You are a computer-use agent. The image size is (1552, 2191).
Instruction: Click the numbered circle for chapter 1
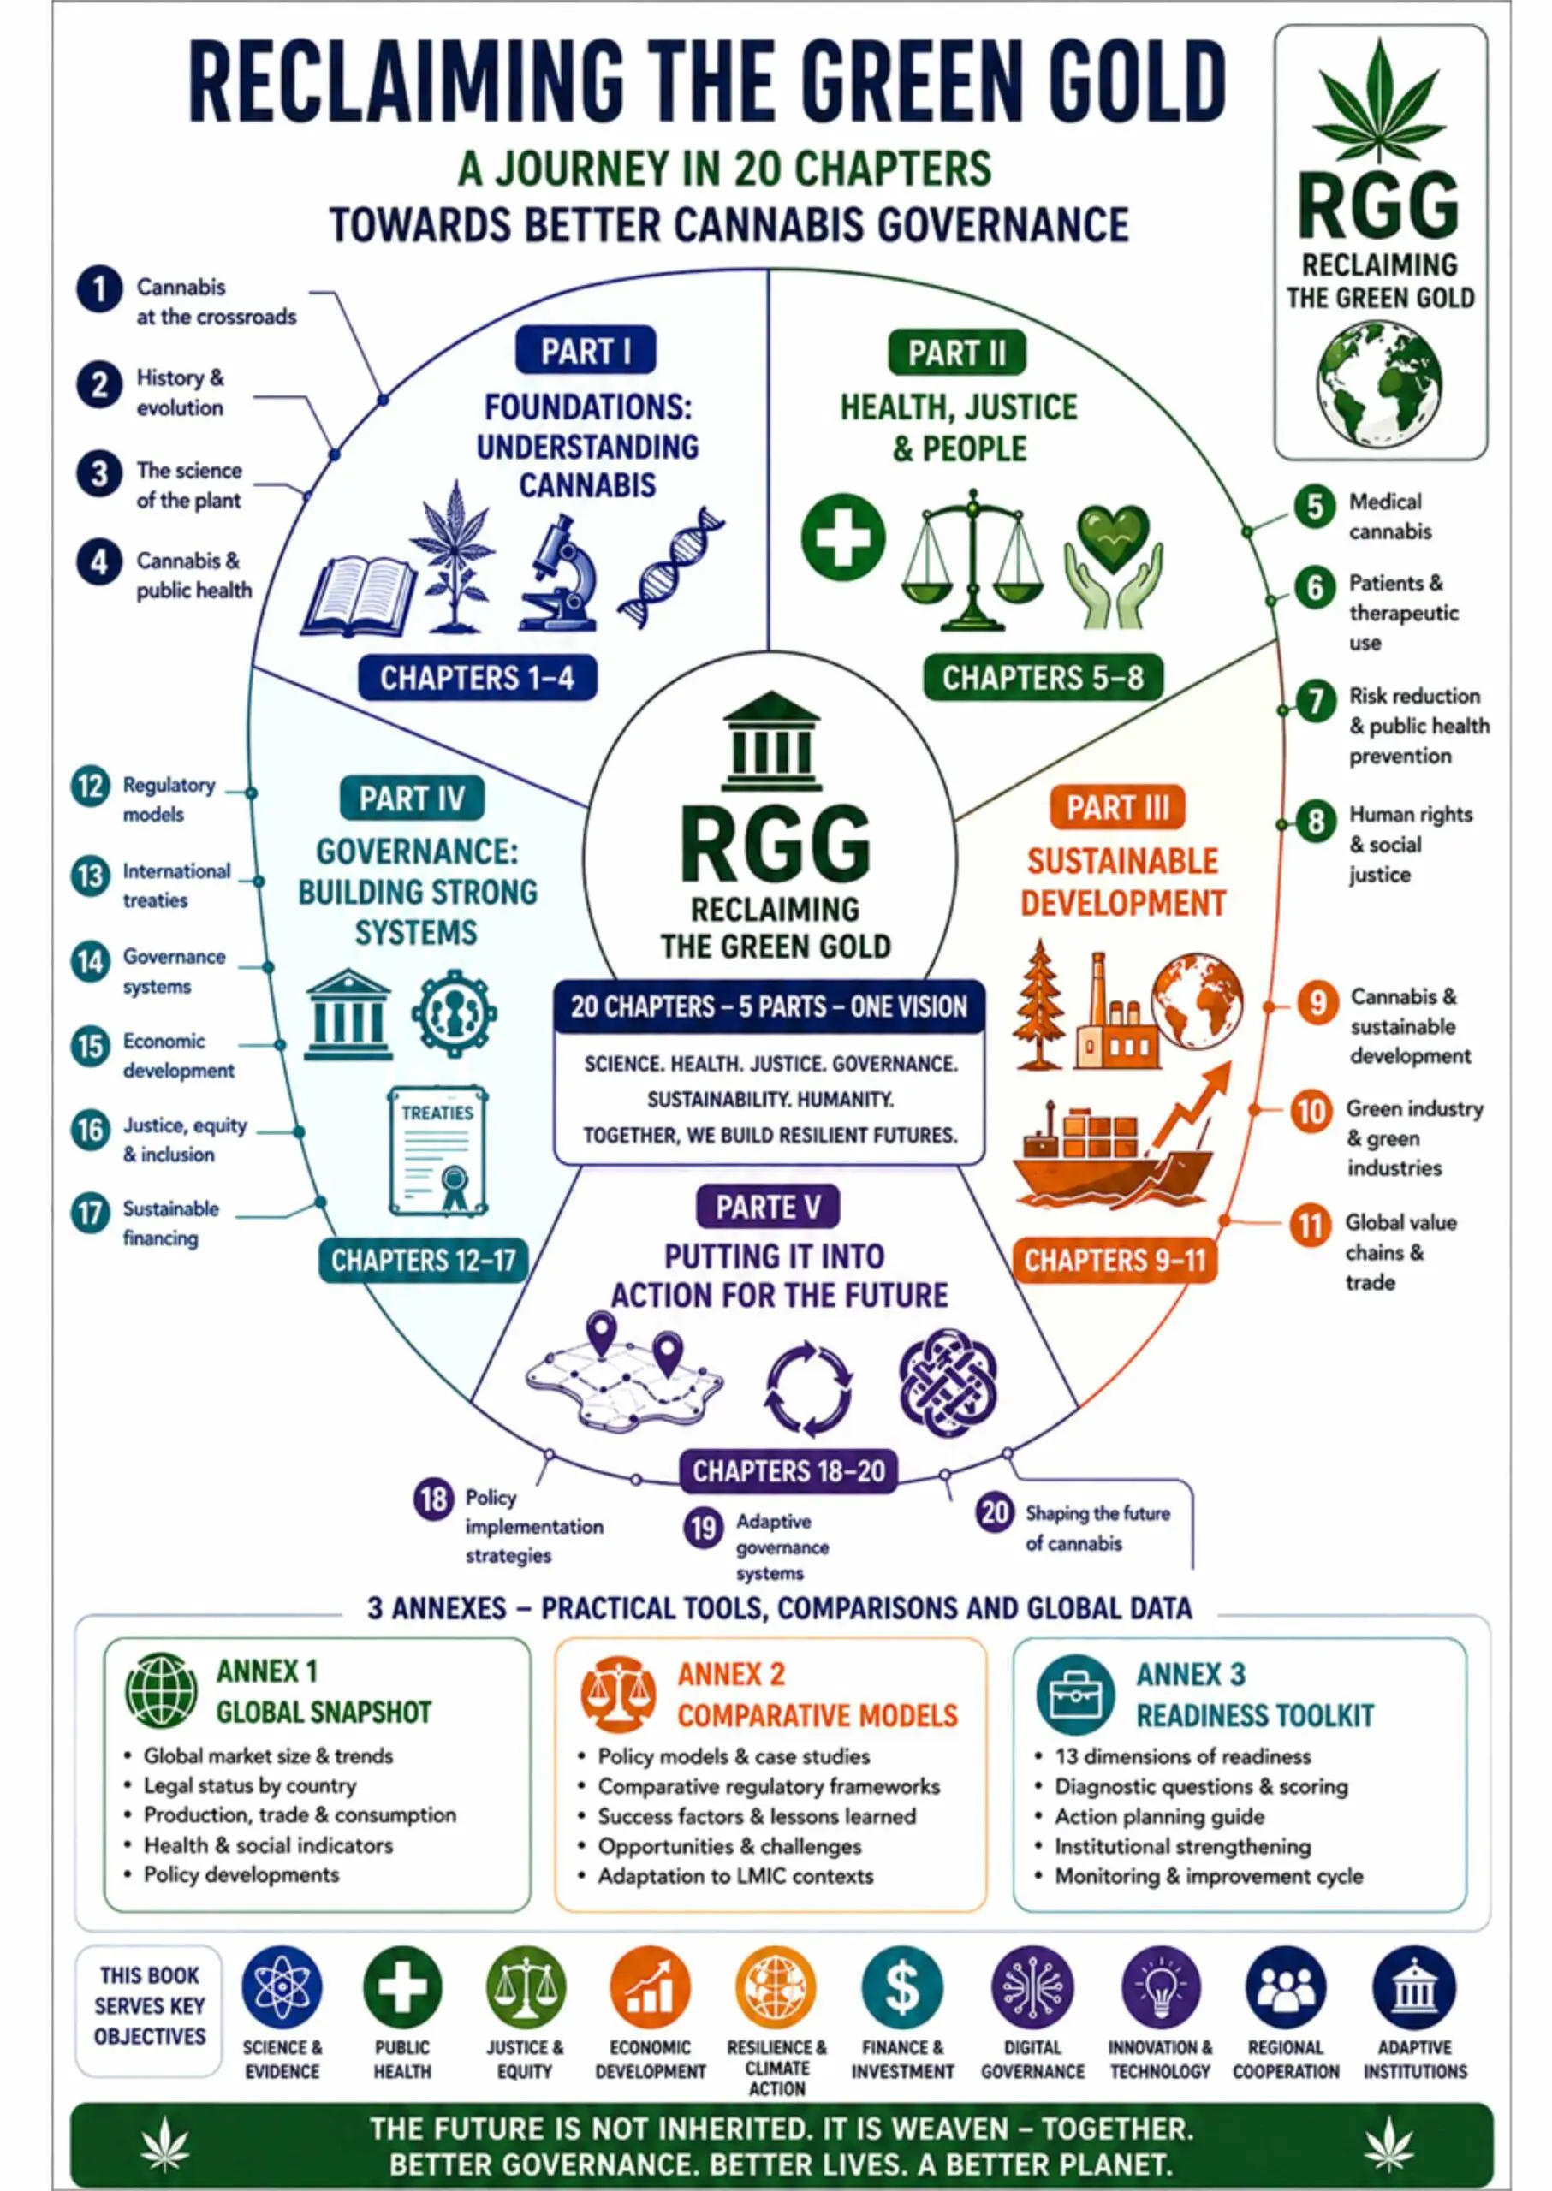[99, 289]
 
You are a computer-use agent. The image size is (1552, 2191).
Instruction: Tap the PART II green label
[956, 353]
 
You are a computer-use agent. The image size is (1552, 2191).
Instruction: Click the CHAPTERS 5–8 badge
[1043, 678]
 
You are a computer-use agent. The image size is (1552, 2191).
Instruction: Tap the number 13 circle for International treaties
[91, 876]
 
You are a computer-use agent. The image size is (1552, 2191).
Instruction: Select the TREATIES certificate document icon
[438, 1150]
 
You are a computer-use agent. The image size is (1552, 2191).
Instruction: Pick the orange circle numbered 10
[1311, 1113]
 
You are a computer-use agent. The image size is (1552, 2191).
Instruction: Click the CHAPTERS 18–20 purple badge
[788, 1470]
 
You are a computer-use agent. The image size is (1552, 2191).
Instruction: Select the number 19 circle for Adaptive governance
[704, 1527]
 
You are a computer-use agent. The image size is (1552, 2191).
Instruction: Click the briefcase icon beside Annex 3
[1075, 1694]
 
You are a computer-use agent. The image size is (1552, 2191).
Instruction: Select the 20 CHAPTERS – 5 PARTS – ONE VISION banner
[770, 1006]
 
